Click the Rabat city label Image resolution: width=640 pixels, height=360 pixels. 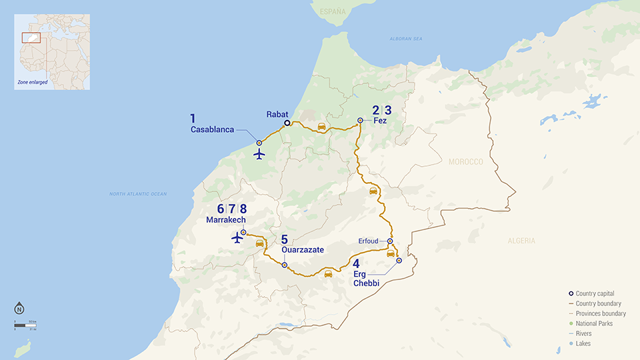277,114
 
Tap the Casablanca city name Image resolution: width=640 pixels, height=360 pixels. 212,129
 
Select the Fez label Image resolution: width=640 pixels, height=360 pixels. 380,121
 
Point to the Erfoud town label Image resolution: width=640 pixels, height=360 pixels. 370,241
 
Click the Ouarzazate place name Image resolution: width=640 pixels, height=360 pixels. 302,250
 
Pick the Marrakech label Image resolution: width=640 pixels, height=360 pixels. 226,220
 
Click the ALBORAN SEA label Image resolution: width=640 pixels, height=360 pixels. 406,39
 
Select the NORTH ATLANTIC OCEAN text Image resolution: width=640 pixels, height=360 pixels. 138,194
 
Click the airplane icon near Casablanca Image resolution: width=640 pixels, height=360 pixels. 259,154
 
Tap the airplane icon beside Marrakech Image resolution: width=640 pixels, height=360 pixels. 237,237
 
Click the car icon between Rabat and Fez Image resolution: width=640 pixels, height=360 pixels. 321,126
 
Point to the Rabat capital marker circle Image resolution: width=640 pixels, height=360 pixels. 287,123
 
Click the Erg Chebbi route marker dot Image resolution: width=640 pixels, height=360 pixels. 399,261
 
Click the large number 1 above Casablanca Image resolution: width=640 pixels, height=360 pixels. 193,119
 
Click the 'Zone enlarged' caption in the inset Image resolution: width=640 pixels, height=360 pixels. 33,82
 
